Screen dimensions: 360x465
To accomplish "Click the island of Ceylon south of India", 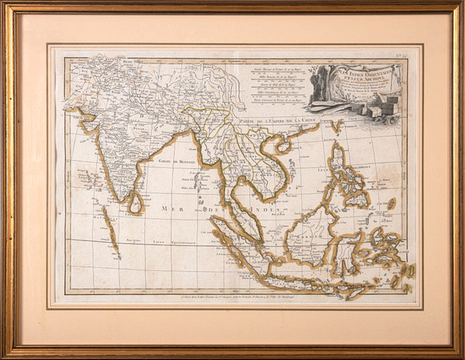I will (x=135, y=204).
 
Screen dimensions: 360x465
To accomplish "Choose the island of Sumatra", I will (x=241, y=241).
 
